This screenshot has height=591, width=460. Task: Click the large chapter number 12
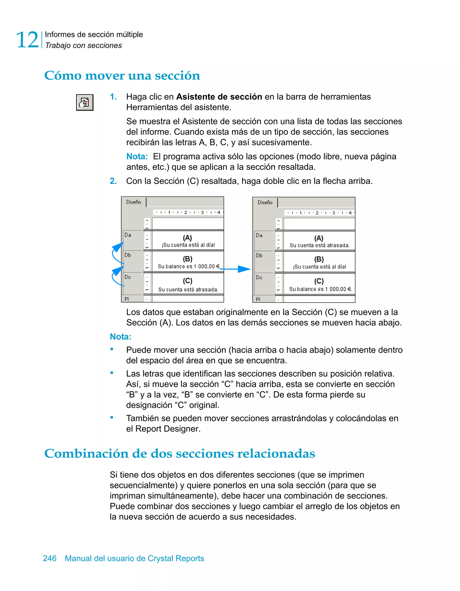pyautogui.click(x=27, y=40)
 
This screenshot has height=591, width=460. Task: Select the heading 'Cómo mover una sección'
pyautogui.click(x=122, y=75)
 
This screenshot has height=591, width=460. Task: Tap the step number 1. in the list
pyautogui.click(x=113, y=97)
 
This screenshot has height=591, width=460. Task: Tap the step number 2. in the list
pyautogui.click(x=113, y=181)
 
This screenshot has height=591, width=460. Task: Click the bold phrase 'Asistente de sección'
pyautogui.click(x=219, y=97)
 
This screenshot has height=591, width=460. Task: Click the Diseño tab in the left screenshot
pyautogui.click(x=134, y=202)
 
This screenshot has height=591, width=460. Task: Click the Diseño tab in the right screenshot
pyautogui.click(x=265, y=203)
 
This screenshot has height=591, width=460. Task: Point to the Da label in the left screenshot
pyautogui.click(x=128, y=235)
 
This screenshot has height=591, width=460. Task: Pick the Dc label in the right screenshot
pyautogui.click(x=259, y=277)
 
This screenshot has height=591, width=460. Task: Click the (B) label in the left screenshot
pyautogui.click(x=188, y=259)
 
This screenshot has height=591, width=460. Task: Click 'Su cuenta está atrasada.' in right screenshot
pyautogui.click(x=319, y=245)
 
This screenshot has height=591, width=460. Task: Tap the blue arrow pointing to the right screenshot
pyautogui.click(x=236, y=269)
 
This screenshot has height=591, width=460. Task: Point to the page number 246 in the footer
pyautogui.click(x=50, y=558)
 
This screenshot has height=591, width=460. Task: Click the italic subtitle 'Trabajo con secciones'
pyautogui.click(x=83, y=46)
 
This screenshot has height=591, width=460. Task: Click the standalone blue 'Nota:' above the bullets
pyautogui.click(x=121, y=337)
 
